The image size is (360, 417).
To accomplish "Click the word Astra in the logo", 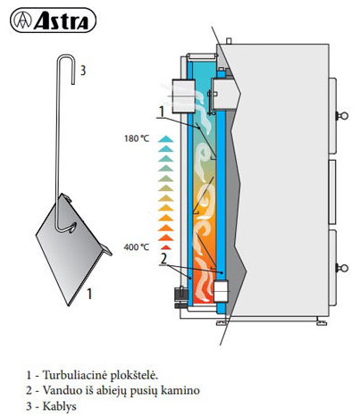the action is (62, 21).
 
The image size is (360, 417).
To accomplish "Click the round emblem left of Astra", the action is (23, 21).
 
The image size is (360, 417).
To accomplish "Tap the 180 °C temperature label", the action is (137, 138).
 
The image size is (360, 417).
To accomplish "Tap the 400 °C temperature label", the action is (137, 247).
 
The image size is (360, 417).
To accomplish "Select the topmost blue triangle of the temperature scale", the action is (166, 138).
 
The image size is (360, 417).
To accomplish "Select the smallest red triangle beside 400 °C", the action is (166, 247).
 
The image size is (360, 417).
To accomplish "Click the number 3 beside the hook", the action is (83, 71).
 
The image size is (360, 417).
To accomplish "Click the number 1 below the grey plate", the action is (89, 294).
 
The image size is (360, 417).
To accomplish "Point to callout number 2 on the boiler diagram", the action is (163, 259).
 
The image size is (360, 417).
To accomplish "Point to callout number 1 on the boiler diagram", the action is (162, 112).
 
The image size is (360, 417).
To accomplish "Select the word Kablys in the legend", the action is (60, 406).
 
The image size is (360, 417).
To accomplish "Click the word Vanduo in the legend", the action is (59, 390).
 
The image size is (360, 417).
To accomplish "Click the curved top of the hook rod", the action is (66, 57).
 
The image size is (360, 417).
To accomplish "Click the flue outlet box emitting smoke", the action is (183, 96).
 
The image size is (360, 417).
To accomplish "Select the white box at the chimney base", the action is (221, 291).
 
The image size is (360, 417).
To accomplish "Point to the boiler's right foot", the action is (322, 321).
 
